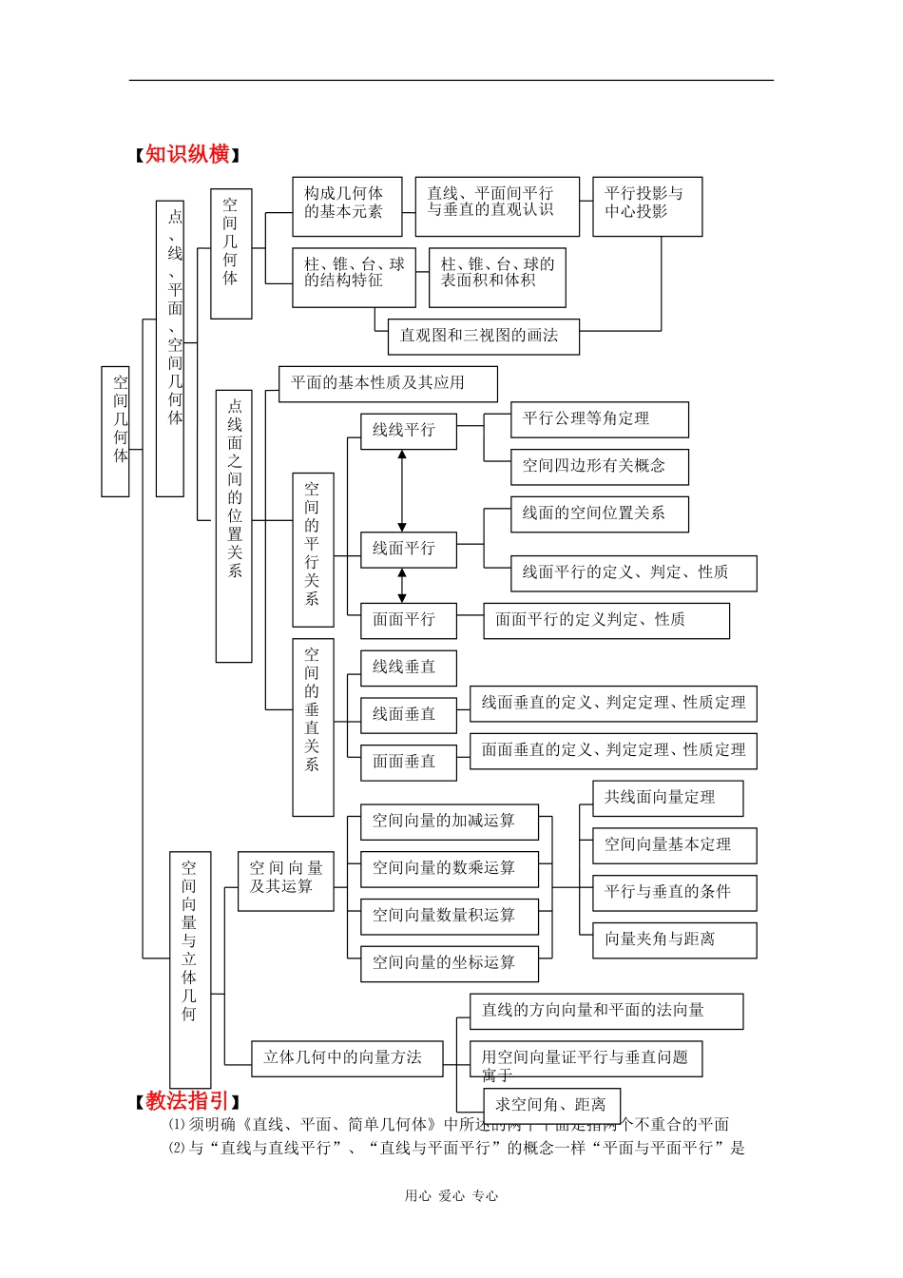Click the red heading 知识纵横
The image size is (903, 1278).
pos(187,154)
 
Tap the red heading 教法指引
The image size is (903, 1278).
pos(187,1100)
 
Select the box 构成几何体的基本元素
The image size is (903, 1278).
pos(347,203)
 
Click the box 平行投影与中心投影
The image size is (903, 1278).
pos(646,204)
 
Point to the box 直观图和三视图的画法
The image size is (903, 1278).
pos(483,336)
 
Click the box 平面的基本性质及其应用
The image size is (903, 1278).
pos(387,383)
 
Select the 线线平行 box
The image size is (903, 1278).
pos(408,431)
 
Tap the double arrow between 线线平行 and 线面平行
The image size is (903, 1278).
pos(402,491)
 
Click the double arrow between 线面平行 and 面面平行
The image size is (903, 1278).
pos(402,586)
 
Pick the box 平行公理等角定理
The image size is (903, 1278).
pos(599,419)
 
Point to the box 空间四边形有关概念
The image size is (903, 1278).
pos(599,466)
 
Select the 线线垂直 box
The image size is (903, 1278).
pos(408,668)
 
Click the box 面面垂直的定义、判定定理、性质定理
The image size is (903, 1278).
pos(613,750)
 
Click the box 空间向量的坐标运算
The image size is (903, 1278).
pos(449,963)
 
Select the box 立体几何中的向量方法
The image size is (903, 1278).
pos(346,1057)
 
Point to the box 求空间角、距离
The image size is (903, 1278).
pos(552,1105)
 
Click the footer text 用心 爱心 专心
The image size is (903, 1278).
pos(451,1196)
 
